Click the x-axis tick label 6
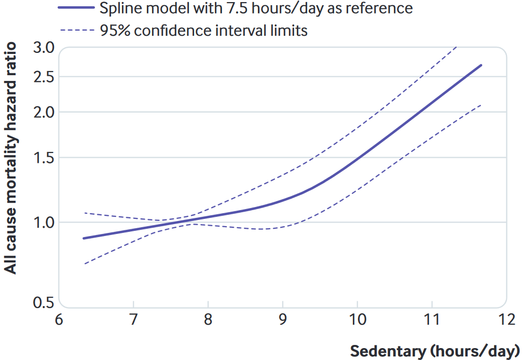(x=59, y=318)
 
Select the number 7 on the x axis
(x=133, y=318)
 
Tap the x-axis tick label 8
(x=208, y=318)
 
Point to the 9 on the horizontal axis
(x=283, y=318)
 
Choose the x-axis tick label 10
(x=357, y=318)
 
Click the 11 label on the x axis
(x=432, y=318)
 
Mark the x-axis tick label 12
(x=506, y=318)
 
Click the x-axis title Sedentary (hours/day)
(x=435, y=351)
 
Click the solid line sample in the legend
(x=77, y=9)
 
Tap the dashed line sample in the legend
(x=77, y=31)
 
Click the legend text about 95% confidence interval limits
(x=204, y=31)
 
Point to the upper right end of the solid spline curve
(x=482, y=65)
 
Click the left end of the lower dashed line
(x=84, y=264)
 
